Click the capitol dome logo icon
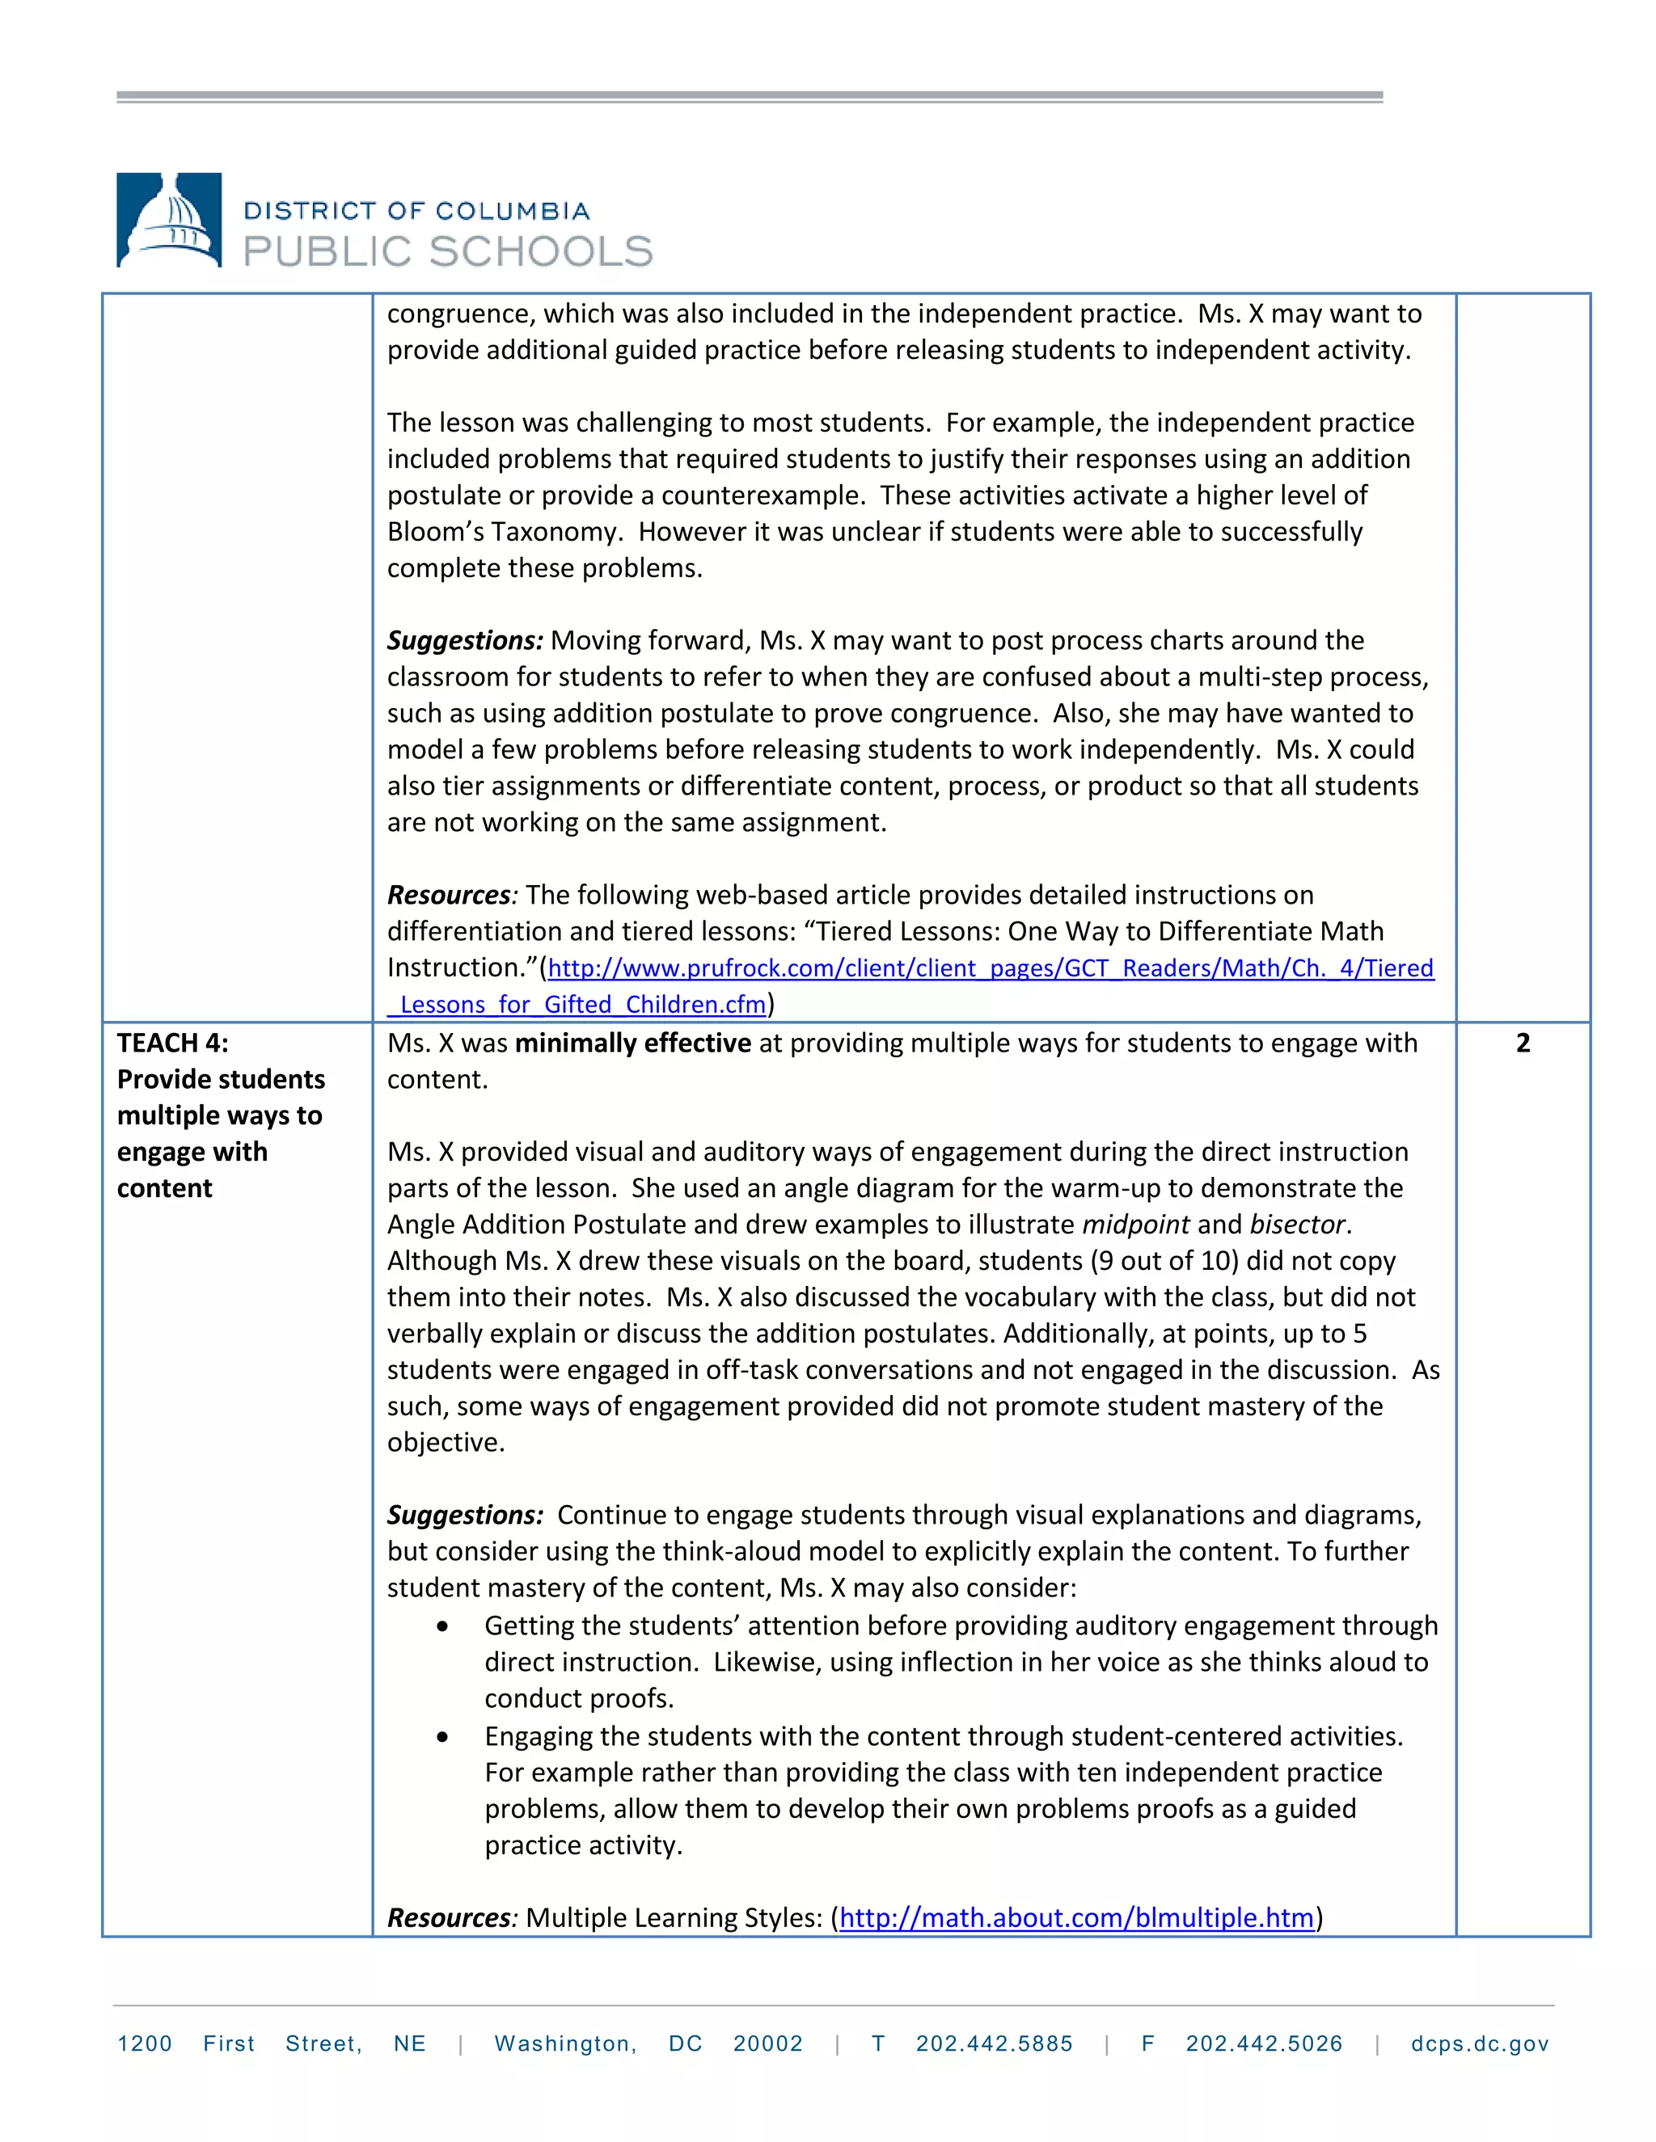(169, 220)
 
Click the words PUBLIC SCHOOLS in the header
(447, 252)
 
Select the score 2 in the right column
(1523, 1043)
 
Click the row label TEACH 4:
(173, 1043)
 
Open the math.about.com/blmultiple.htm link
(1076, 1917)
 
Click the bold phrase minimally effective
(633, 1043)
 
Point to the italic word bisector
(1298, 1224)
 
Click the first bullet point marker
(443, 1627)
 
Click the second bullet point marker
(443, 1737)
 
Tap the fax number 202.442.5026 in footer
(1264, 2044)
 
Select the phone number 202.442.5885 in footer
(994, 2044)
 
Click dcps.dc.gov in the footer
(1480, 2044)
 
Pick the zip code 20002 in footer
(767, 2044)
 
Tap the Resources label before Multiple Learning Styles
(450, 1917)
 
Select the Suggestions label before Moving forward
(464, 640)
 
